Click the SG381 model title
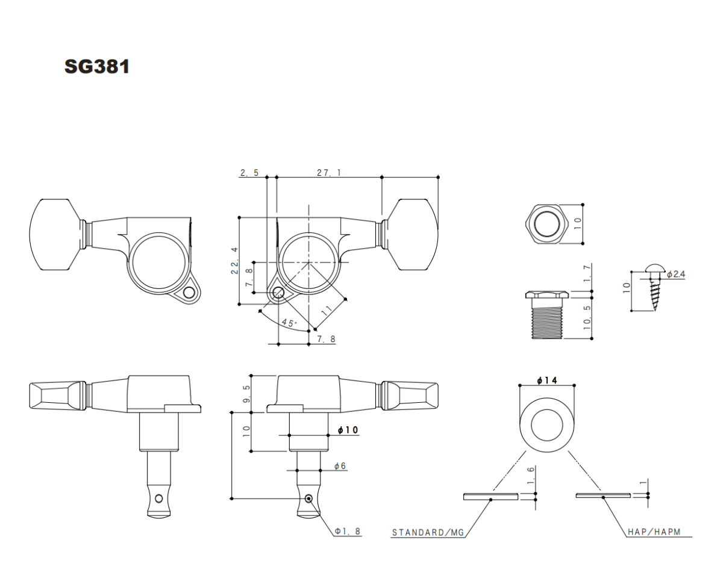(97, 67)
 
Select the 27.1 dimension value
(329, 173)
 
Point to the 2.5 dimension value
(249, 173)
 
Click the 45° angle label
(290, 323)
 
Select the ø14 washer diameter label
(546, 381)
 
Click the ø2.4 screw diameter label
(676, 274)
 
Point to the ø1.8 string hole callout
(348, 531)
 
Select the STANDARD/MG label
(428, 532)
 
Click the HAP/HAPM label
(653, 532)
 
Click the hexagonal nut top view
(546, 223)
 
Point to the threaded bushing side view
(546, 315)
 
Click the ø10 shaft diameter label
(348, 430)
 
